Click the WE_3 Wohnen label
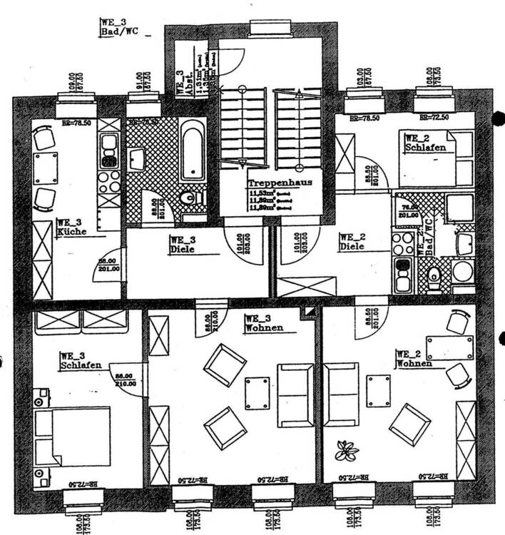(x=263, y=323)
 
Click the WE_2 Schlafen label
(x=425, y=143)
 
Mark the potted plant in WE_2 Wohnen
(x=348, y=451)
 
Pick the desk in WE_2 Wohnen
(x=450, y=348)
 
